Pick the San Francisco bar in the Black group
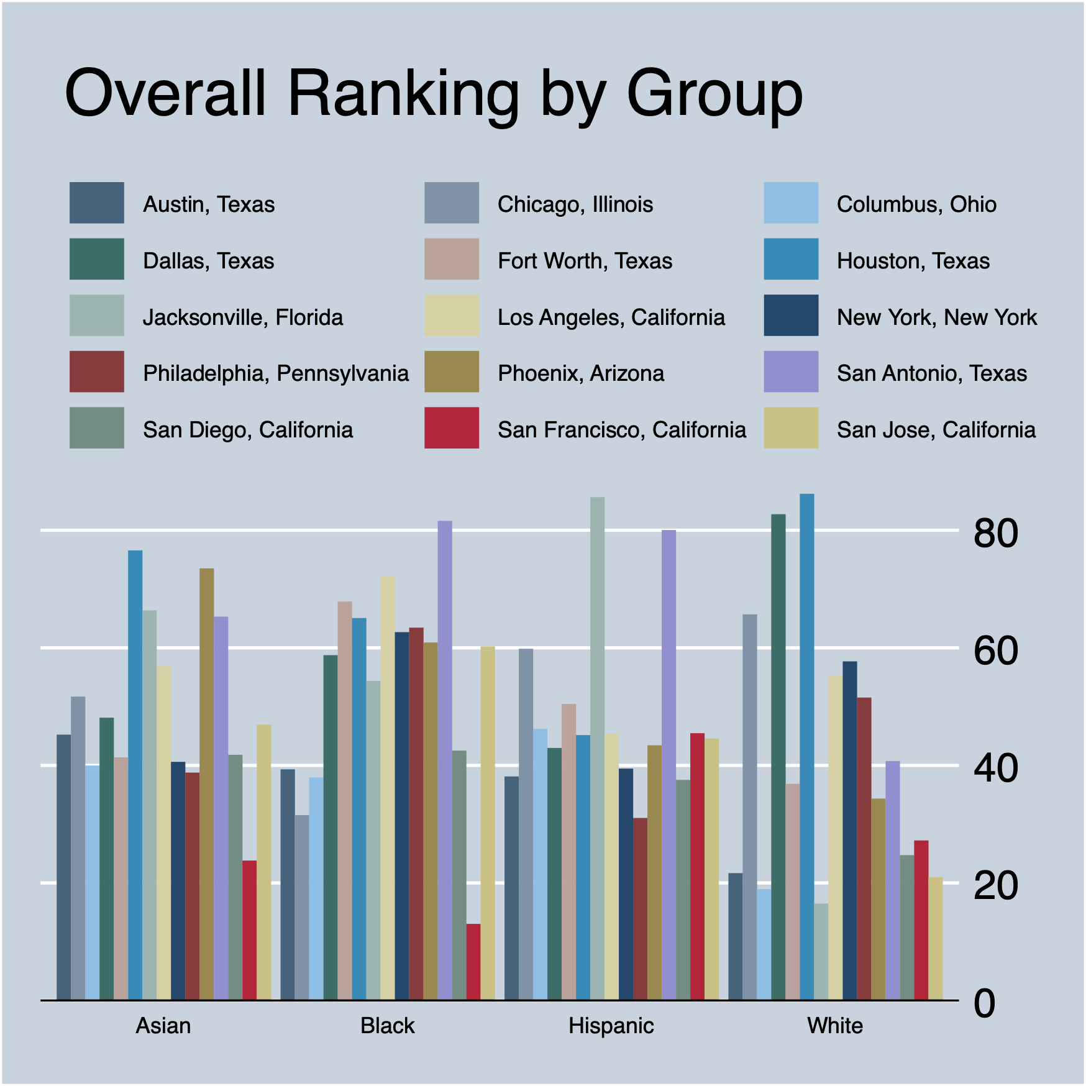click(473, 962)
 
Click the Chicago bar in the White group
click(749, 807)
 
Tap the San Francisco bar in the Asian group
click(249, 930)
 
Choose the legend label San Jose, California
click(936, 430)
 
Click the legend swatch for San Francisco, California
click(451, 427)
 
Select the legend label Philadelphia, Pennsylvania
click(275, 373)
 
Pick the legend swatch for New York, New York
click(790, 315)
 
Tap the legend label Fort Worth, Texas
click(585, 261)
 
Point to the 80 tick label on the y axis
click(996, 533)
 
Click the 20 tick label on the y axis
click(996, 886)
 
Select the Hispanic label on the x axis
click(611, 1026)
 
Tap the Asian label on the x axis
click(163, 1026)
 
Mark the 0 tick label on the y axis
click(984, 1003)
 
